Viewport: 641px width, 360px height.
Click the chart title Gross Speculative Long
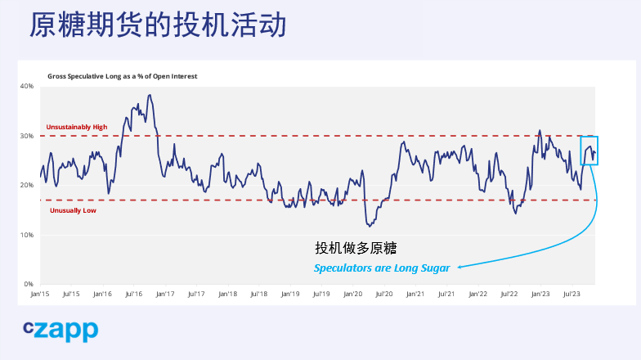click(x=122, y=76)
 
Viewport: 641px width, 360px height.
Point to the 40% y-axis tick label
click(x=27, y=86)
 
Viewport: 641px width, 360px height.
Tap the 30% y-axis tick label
click(x=27, y=136)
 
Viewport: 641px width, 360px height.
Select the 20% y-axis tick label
click(x=27, y=185)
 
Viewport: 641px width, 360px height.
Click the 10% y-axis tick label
click(x=27, y=235)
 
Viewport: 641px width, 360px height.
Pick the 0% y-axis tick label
click(x=29, y=284)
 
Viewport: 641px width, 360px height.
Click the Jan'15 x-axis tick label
click(x=40, y=293)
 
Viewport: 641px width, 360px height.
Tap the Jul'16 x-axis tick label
click(x=133, y=293)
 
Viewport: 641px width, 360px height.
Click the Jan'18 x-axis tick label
click(x=227, y=293)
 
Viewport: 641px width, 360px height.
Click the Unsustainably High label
click(x=77, y=127)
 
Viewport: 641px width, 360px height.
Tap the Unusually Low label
click(x=73, y=210)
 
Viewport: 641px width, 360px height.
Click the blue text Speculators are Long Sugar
click(x=382, y=268)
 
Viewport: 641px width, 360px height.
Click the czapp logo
click(x=61, y=330)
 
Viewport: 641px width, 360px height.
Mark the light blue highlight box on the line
click(x=589, y=151)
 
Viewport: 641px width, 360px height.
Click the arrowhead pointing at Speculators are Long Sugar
click(x=460, y=267)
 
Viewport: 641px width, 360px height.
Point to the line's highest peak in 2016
click(x=150, y=95)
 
